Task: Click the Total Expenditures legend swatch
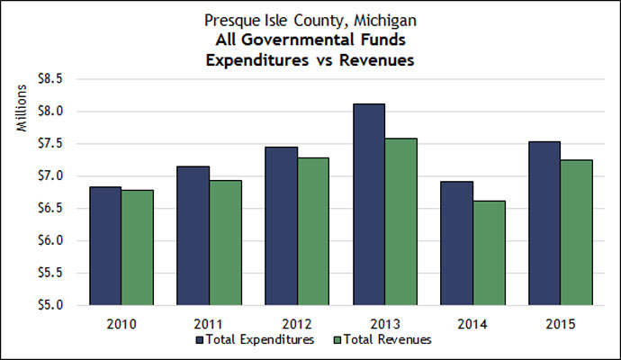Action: point(200,340)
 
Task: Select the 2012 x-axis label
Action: point(297,322)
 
